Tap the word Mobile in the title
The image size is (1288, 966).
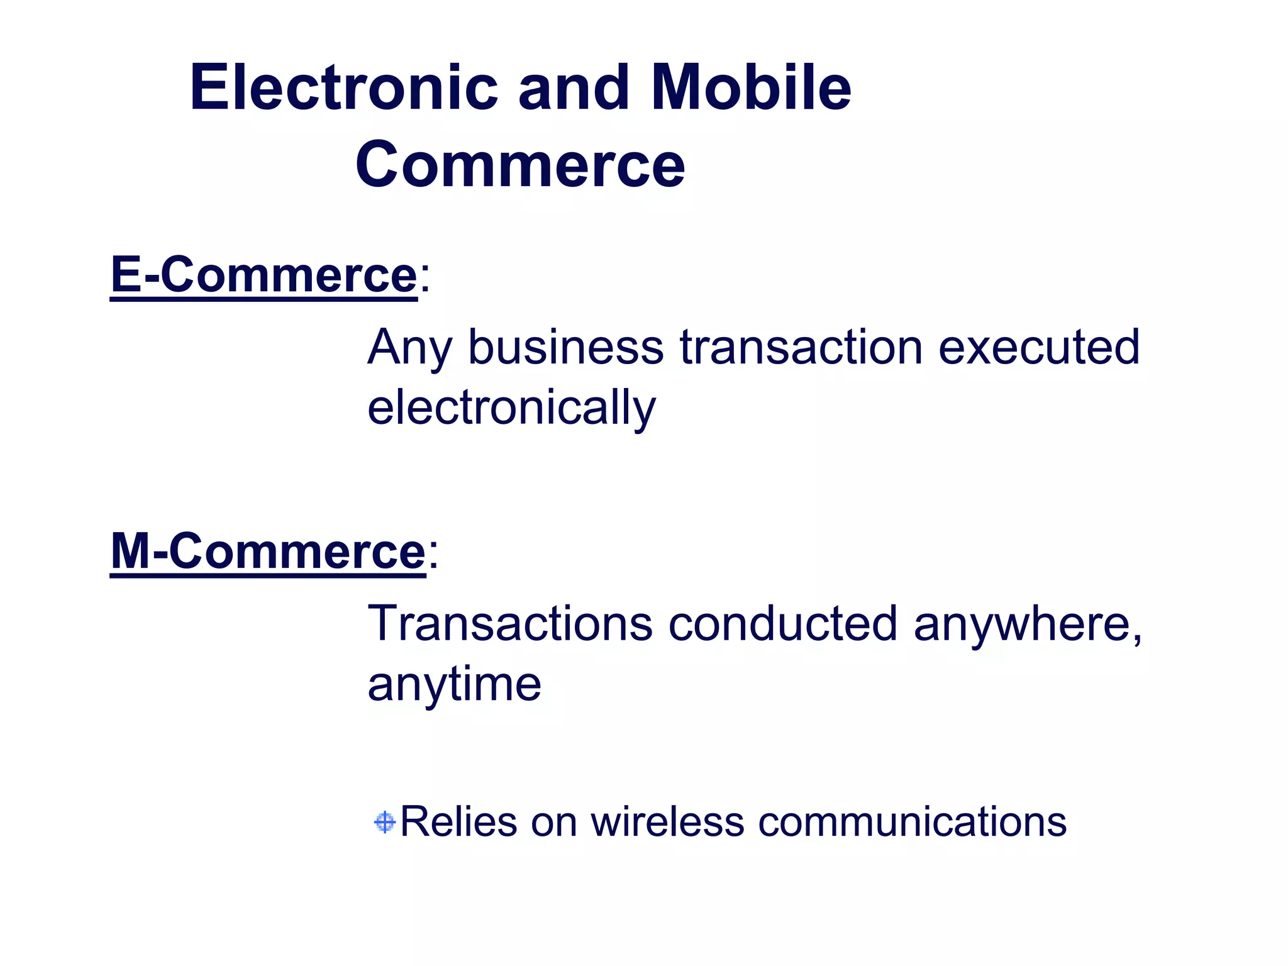click(751, 88)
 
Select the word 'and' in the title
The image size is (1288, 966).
click(573, 88)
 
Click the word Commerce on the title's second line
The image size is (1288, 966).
click(520, 165)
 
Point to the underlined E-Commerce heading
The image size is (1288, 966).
click(264, 275)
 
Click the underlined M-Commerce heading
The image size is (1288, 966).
click(268, 552)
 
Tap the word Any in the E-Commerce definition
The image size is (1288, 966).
click(409, 348)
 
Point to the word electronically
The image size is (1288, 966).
click(511, 408)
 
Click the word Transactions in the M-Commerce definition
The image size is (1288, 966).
click(510, 623)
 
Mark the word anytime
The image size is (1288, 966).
click(454, 684)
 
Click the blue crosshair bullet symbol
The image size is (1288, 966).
click(384, 822)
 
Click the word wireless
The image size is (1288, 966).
click(667, 821)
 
